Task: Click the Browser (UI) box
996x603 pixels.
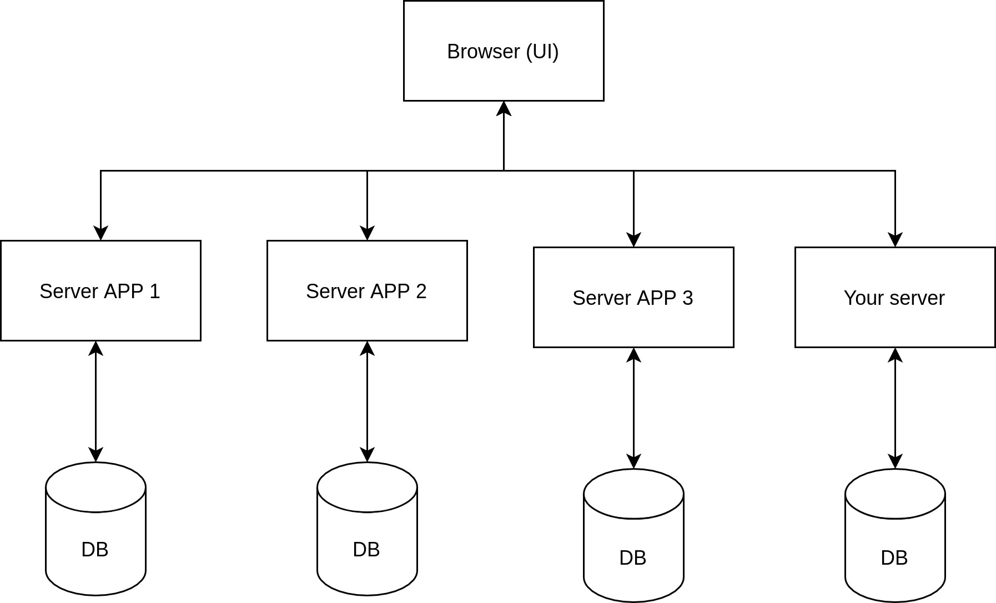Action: click(x=504, y=51)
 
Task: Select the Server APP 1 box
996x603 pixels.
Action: click(x=100, y=290)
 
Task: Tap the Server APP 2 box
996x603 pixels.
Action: click(x=367, y=290)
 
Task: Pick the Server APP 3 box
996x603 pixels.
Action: click(x=633, y=297)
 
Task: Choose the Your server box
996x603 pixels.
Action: click(x=895, y=297)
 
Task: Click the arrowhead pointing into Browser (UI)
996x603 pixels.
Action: click(x=504, y=109)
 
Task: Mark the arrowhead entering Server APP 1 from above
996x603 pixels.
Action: click(x=100, y=233)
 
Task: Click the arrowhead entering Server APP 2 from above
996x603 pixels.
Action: click(x=367, y=233)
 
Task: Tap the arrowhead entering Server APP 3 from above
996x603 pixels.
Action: click(x=633, y=239)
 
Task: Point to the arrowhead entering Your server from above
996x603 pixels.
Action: click(x=895, y=239)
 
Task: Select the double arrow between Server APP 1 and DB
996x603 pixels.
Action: click(x=95, y=401)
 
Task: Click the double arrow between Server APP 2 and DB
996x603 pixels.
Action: click(x=367, y=401)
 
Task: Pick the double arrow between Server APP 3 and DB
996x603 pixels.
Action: click(x=633, y=408)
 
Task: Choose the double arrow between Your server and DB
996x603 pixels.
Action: click(x=895, y=408)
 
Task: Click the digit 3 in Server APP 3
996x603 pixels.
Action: click(x=688, y=298)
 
